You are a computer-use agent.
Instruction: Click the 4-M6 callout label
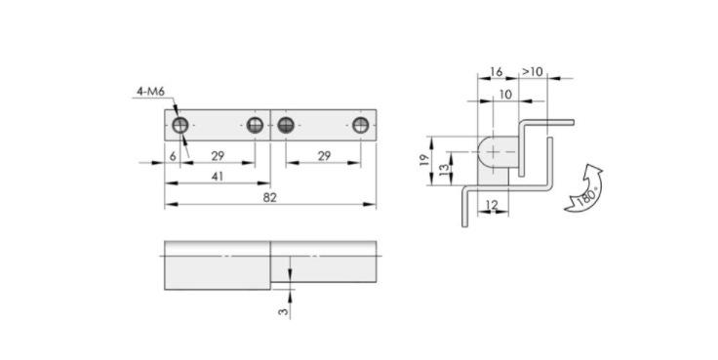150,92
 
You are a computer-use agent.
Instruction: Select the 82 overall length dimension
270,197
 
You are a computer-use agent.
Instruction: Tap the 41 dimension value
218,177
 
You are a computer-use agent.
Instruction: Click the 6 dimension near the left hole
173,156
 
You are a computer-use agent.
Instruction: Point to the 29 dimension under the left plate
218,156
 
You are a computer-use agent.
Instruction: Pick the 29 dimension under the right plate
324,156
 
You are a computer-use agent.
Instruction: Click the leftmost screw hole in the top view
179,125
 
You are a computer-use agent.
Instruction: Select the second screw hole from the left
255,125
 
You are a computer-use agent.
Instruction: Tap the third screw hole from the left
286,125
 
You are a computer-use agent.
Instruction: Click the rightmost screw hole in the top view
361,125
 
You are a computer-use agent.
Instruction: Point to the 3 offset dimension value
284,311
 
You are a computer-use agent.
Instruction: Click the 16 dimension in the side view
496,72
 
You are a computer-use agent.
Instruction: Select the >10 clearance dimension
533,72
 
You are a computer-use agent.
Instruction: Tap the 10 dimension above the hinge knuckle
505,95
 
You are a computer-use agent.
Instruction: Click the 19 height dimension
424,160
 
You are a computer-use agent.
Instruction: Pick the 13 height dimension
444,168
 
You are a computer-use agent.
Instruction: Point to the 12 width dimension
492,205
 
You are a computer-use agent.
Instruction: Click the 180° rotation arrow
584,188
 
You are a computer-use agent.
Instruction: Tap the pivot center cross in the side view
494,151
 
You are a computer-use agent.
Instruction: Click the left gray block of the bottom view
218,265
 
